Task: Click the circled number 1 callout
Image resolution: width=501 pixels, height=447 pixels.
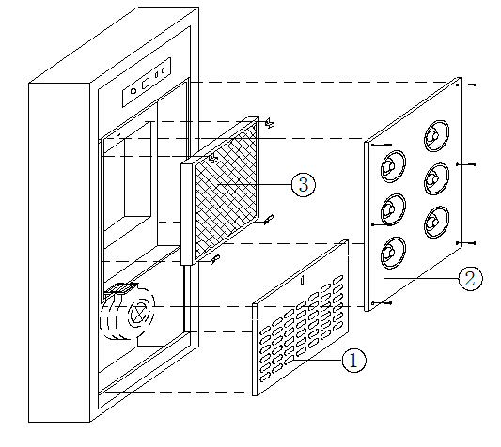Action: tap(353, 361)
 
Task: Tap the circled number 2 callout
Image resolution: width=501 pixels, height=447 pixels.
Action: tap(470, 278)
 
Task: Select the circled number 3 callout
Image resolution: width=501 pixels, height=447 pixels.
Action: tap(304, 185)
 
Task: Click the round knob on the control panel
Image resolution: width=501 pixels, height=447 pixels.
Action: tap(133, 91)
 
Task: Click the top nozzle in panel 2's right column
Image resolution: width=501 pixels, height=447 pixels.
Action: tap(436, 135)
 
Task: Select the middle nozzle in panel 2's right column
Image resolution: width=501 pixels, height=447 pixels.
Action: tap(436, 178)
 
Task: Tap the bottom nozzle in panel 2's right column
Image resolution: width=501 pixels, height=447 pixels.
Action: tap(436, 222)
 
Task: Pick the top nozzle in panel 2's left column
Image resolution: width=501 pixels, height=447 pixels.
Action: tap(393, 166)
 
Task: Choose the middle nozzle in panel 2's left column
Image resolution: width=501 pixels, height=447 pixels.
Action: tap(393, 209)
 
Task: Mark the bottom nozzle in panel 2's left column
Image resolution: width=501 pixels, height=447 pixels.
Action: tap(393, 253)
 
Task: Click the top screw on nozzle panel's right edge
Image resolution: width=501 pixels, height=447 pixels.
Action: tap(466, 85)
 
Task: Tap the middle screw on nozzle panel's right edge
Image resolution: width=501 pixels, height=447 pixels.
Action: tap(466, 164)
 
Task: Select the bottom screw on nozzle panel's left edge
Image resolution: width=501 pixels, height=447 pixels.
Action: tap(382, 303)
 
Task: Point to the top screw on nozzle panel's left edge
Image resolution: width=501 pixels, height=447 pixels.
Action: tap(382, 145)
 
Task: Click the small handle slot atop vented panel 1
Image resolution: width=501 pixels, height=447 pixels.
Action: tap(303, 281)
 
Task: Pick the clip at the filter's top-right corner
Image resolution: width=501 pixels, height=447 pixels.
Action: tap(270, 123)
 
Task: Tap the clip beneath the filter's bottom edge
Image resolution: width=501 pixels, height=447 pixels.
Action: tap(215, 260)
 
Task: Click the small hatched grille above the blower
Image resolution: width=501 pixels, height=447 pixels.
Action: tap(121, 288)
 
